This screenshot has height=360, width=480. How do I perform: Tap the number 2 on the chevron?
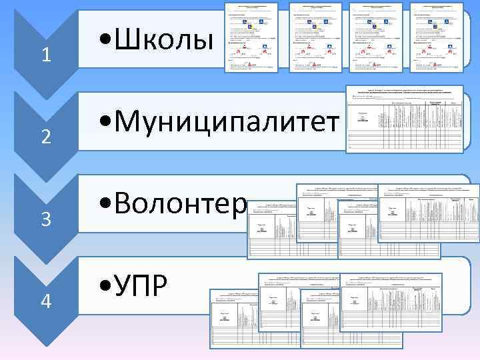[45, 137]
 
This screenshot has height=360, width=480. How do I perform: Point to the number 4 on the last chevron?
[45, 301]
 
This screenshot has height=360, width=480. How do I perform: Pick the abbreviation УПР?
[140, 287]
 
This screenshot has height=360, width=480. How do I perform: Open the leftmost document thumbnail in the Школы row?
[251, 37]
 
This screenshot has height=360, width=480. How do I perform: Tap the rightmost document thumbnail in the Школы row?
[436, 37]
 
